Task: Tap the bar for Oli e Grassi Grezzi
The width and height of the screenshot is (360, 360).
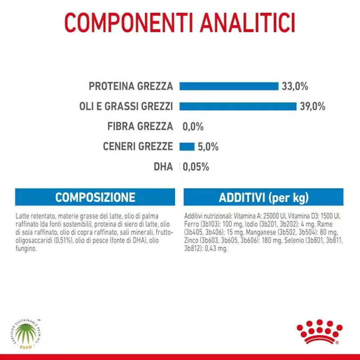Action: [x=238, y=106]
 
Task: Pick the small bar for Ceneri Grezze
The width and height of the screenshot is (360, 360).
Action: [x=187, y=146]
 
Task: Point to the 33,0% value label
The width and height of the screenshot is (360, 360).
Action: [x=295, y=86]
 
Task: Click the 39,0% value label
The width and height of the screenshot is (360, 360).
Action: [x=312, y=106]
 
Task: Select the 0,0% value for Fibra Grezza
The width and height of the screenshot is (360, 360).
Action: [x=193, y=126]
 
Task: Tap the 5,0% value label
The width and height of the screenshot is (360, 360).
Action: [x=207, y=146]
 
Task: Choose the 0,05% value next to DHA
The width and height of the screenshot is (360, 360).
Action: [x=196, y=166]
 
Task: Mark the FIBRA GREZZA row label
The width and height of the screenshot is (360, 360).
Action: [x=140, y=126]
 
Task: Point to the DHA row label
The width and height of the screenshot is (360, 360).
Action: [x=163, y=166]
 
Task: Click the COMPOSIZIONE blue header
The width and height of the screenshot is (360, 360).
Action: [x=95, y=197]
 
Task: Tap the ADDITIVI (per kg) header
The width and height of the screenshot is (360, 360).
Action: [x=264, y=197]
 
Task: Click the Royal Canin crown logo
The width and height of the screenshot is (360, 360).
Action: [x=317, y=333]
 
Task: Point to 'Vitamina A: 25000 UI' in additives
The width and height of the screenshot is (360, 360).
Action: [x=259, y=216]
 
